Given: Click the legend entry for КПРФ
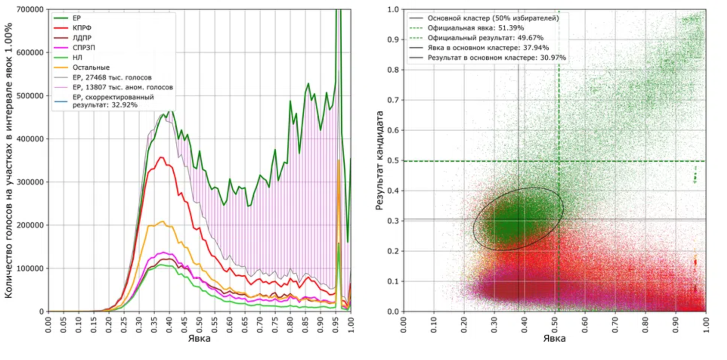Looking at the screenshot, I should pyautogui.click(x=82, y=28).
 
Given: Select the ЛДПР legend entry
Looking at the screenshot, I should pyautogui.click(x=82, y=38).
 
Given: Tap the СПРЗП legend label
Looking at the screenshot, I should pyautogui.click(x=83, y=47).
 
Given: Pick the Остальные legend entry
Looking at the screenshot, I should pyautogui.click(x=91, y=68).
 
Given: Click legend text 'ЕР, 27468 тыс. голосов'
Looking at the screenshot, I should pyautogui.click(x=112, y=77).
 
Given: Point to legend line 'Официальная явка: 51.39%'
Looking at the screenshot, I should pyautogui.click(x=476, y=28).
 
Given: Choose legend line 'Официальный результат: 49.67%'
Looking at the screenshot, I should pyautogui.click(x=485, y=38).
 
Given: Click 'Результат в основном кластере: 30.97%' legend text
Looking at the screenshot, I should pyautogui.click(x=496, y=58).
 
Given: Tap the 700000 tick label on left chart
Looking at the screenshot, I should pyautogui.click(x=30, y=9).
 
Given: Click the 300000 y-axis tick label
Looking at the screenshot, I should pyautogui.click(x=30, y=182).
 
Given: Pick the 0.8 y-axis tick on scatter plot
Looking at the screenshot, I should pyautogui.click(x=393, y=70).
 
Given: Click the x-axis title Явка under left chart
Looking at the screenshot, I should pyautogui.click(x=199, y=339).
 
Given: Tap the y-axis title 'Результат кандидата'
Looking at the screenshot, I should pyautogui.click(x=379, y=160).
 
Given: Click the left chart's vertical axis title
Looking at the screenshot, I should pyautogui.click(x=8, y=160).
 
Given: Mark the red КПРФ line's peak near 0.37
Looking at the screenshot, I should pyautogui.click(x=161, y=157).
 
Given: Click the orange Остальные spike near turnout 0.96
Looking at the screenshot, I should pyautogui.click(x=339, y=161).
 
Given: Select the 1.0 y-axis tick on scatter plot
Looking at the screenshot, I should pyautogui.click(x=393, y=9).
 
